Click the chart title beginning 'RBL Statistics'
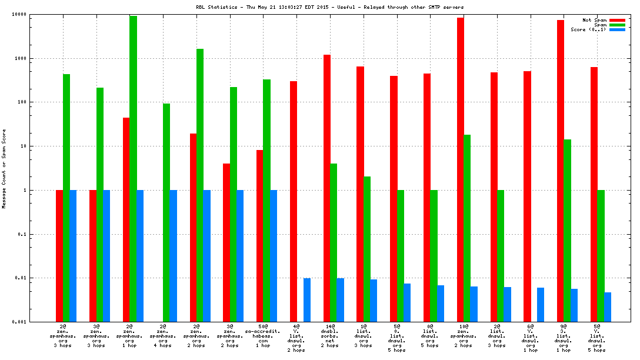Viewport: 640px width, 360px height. pos(329,7)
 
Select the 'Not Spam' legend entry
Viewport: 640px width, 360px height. pos(595,20)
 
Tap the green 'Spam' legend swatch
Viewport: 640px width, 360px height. pos(617,25)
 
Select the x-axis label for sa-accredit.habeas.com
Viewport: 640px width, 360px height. pos(263,335)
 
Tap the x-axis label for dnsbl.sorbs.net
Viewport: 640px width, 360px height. pos(330,335)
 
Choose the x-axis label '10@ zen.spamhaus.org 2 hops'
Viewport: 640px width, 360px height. pos(464,335)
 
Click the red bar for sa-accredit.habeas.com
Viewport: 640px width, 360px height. pos(259,235)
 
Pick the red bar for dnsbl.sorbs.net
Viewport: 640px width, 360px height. pos(327,188)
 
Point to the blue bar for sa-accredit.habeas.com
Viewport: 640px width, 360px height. pos(274,255)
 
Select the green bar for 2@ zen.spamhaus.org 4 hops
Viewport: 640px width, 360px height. pos(166,212)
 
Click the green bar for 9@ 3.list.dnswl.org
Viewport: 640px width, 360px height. pos(567,230)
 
